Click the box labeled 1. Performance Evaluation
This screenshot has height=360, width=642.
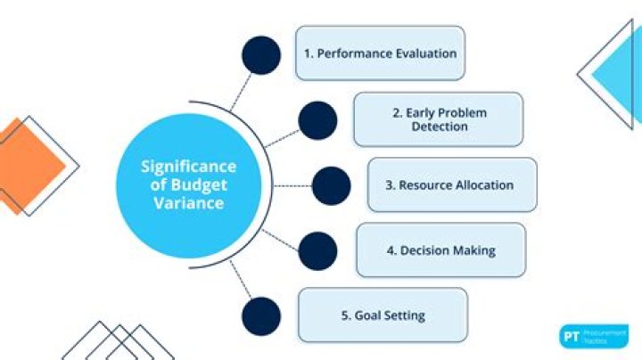pyautogui.click(x=380, y=53)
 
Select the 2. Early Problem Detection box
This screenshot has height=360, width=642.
pyautogui.click(x=438, y=119)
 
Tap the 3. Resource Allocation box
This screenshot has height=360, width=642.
pyautogui.click(x=451, y=185)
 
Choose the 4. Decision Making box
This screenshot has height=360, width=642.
pyautogui.click(x=440, y=250)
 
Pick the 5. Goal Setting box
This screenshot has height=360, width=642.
pyautogui.click(x=383, y=315)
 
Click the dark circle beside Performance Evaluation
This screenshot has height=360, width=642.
pyautogui.click(x=260, y=55)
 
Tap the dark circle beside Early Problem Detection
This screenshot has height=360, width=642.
pyautogui.click(x=317, y=120)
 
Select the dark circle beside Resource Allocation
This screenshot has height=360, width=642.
pyautogui.click(x=331, y=185)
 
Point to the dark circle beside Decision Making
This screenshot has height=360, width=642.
pyautogui.click(x=317, y=250)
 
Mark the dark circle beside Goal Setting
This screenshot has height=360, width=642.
pyautogui.click(x=260, y=316)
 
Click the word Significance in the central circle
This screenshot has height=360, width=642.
pyautogui.click(x=188, y=167)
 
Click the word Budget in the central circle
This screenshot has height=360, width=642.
pyautogui.click(x=202, y=185)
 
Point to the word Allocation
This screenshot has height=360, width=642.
pyautogui.click(x=481, y=185)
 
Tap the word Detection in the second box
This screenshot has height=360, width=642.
pyautogui.click(x=439, y=127)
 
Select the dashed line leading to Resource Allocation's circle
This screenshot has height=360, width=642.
pyautogui.click(x=291, y=185)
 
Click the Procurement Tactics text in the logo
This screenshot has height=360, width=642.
pyautogui.click(x=605, y=337)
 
